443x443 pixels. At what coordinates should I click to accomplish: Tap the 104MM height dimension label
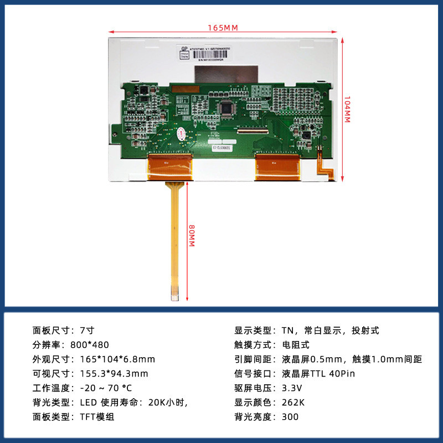(347, 110)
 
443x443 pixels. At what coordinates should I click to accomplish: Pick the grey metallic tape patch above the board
(227, 73)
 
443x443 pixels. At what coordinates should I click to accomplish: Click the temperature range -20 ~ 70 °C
(106, 388)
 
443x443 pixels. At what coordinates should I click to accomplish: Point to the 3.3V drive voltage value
(293, 388)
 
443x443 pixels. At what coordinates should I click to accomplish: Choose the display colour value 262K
(294, 403)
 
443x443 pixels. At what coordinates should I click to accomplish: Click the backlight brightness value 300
(290, 417)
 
